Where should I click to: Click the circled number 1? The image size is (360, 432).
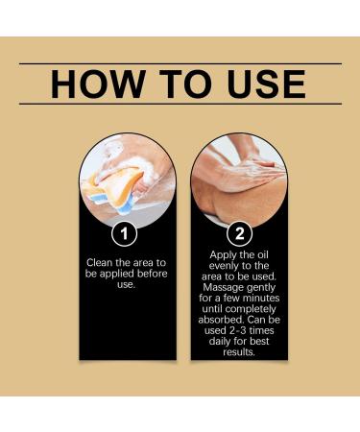(x=123, y=232)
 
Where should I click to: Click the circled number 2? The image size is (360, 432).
(x=237, y=232)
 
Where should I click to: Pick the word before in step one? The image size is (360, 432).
(x=144, y=273)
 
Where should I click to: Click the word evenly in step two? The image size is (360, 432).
(x=219, y=266)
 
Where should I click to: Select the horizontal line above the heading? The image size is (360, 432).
(x=180, y=63)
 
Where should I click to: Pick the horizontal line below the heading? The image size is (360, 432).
(x=180, y=104)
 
